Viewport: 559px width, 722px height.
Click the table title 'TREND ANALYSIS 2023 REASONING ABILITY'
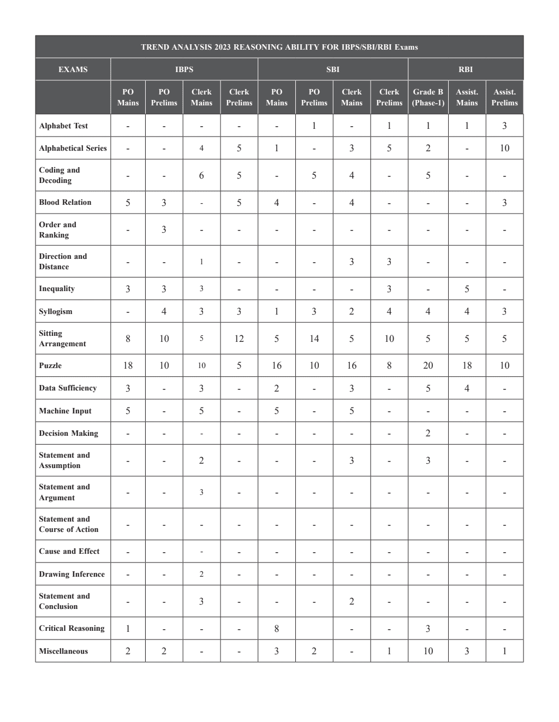point(279,47)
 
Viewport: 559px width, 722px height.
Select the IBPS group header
point(184,69)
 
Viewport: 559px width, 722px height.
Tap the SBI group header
point(332,69)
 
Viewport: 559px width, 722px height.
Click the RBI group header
point(465,69)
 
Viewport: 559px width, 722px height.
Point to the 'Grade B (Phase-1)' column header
point(428,97)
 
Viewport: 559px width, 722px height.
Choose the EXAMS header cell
point(73,69)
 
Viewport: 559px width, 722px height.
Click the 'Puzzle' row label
point(50,365)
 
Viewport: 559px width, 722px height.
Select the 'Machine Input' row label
point(65,411)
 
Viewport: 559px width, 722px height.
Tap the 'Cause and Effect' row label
point(69,551)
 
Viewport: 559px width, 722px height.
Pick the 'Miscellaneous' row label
point(63,651)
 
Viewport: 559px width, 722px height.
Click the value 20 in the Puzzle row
point(428,365)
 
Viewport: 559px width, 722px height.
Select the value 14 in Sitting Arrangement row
point(314,339)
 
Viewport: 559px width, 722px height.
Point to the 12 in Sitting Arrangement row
point(239,339)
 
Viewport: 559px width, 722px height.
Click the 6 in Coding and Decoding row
point(201,175)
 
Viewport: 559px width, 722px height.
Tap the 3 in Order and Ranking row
point(164,229)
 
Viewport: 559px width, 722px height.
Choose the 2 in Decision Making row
point(428,433)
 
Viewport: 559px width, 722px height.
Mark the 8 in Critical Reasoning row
point(277,629)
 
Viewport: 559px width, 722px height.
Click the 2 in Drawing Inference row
point(201,574)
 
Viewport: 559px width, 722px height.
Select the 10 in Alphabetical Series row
point(504,148)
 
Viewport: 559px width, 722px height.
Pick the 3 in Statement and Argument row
point(201,492)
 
